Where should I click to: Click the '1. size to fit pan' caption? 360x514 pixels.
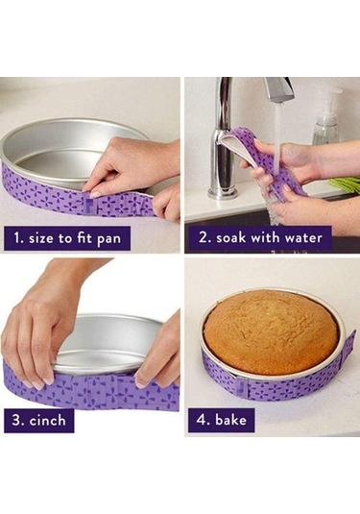pyautogui.click(x=67, y=238)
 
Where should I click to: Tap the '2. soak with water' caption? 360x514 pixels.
pyautogui.click(x=260, y=237)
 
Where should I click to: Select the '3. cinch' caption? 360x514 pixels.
pyautogui.click(x=39, y=420)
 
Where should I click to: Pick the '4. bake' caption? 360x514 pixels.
pyautogui.click(x=221, y=420)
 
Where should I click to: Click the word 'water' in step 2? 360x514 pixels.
pyautogui.click(x=303, y=237)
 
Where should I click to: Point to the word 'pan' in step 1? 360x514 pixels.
pyautogui.click(x=108, y=239)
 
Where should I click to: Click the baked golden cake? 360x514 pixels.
pyautogui.click(x=271, y=331)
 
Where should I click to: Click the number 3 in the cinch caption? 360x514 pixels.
pyautogui.click(x=16, y=420)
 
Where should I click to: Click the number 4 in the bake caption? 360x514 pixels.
pyautogui.click(x=201, y=420)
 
